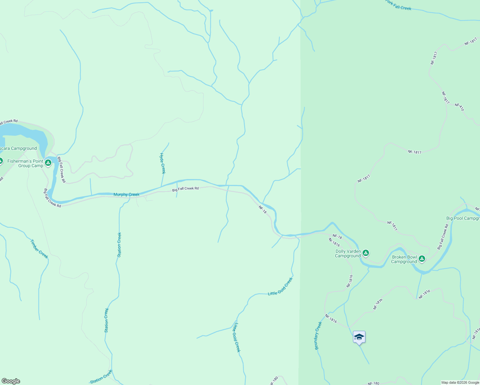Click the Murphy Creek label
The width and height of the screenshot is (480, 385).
(x=126, y=194)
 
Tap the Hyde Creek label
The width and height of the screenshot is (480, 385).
(x=163, y=163)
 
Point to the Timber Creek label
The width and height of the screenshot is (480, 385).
(x=39, y=249)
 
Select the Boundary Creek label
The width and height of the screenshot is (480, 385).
(x=318, y=336)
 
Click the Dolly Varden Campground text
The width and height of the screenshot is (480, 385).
(x=348, y=254)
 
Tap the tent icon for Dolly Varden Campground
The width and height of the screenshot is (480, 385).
(x=365, y=253)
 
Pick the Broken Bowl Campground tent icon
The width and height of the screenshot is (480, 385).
(x=422, y=259)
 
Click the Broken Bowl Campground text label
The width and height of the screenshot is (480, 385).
(x=404, y=259)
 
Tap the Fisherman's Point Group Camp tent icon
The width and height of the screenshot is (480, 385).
(x=48, y=163)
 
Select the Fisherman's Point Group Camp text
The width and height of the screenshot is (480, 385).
(x=26, y=163)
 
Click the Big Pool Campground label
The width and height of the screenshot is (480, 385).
(x=463, y=218)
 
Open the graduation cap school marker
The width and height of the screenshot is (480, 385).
(x=359, y=337)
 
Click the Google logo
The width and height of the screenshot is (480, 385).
(x=11, y=381)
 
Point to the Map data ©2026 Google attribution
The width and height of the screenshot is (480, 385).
(x=460, y=382)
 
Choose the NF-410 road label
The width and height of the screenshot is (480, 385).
(x=459, y=107)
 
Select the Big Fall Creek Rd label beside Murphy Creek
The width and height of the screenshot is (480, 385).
(x=185, y=189)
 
